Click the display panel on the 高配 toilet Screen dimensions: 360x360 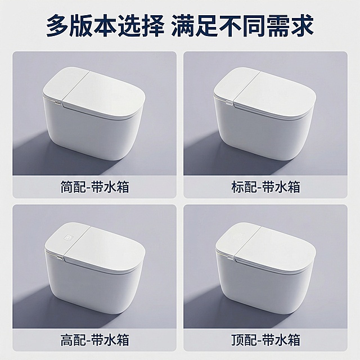coord(69,238)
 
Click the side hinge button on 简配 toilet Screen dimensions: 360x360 coord(58,103)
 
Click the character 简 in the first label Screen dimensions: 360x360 coord(66,187)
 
